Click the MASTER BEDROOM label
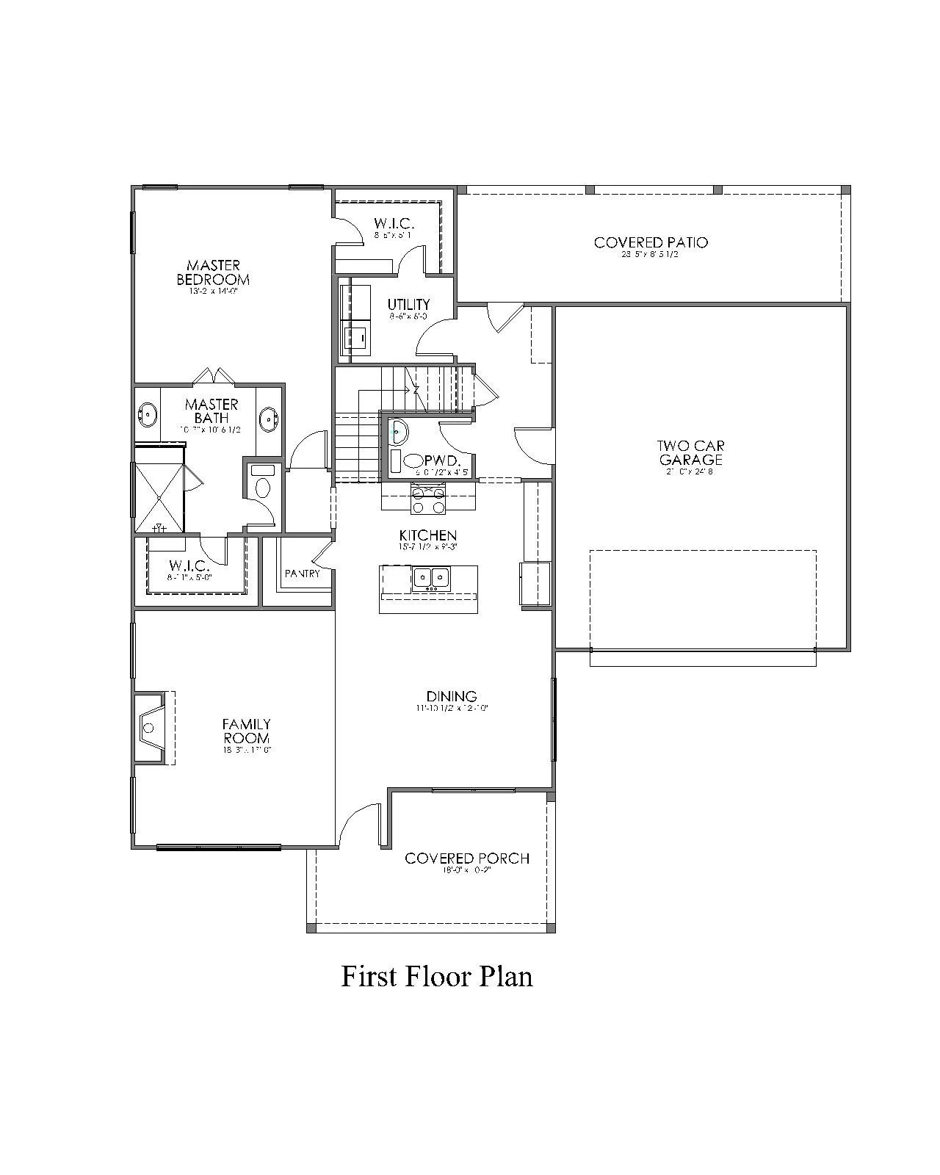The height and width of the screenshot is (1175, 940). pos(213,272)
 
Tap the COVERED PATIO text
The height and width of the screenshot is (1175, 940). pos(651,242)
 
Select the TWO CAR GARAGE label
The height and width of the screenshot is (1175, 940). pos(690,452)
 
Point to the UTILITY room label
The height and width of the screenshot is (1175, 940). pos(408,304)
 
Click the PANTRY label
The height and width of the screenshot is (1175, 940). pos(303,574)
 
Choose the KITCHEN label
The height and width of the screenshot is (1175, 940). pos(428,535)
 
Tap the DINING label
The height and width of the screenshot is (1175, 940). pos(452,695)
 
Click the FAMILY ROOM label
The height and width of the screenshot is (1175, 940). pos(246,731)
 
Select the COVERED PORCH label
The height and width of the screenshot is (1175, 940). pos(467,858)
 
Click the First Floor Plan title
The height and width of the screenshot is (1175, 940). pos(437,977)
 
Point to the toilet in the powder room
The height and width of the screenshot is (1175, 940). pos(413,461)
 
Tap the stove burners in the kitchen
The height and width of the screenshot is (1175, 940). pos(428,500)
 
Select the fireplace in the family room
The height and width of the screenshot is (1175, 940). pos(151,728)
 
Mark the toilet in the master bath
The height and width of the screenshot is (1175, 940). pos(262,485)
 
